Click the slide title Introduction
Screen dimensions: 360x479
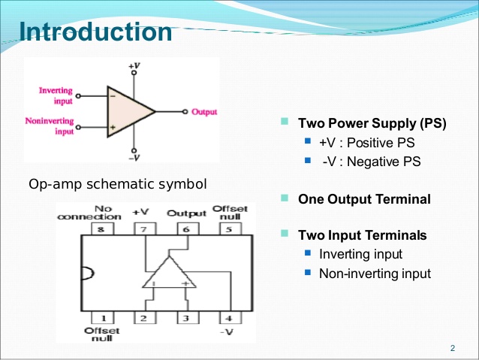coord(95,32)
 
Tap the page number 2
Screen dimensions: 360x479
coord(453,347)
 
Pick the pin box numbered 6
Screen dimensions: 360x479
coord(186,228)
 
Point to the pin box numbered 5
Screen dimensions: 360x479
coord(225,228)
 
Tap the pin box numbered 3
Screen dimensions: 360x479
coord(186,317)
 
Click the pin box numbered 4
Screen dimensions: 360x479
coord(225,317)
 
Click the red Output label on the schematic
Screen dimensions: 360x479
coord(204,112)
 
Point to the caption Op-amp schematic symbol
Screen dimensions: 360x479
coord(117,184)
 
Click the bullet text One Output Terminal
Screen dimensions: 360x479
coord(364,199)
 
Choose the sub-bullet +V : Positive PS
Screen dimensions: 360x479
coord(366,142)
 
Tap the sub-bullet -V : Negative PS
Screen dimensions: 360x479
coord(371,161)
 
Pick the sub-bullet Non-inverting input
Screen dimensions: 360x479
coord(375,273)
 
